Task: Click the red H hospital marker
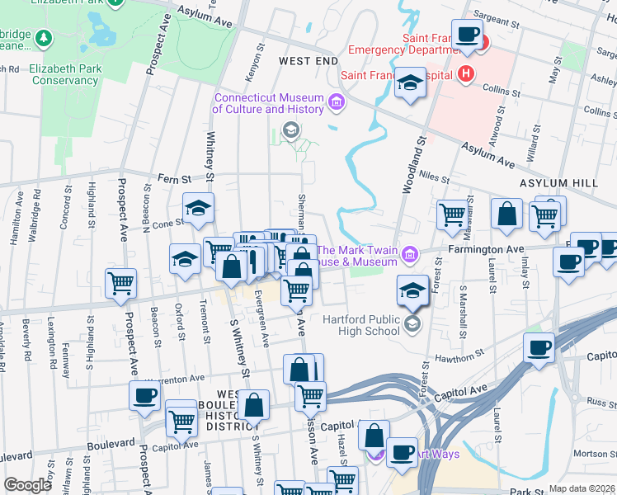(467, 73)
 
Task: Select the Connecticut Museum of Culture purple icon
(336, 103)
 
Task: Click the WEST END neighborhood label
(308, 61)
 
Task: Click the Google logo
(27, 484)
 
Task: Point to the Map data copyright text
(582, 488)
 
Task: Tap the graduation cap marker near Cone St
(198, 210)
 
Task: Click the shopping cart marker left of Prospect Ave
(121, 283)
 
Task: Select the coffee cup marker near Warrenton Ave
(144, 395)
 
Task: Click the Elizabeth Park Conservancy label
(64, 75)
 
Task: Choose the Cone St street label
(167, 223)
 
